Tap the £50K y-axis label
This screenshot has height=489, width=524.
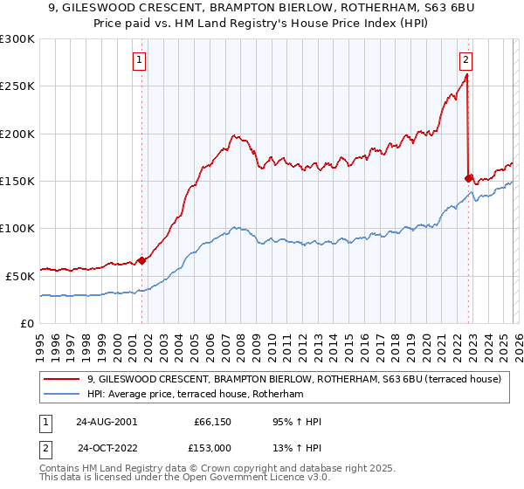(x=20, y=276)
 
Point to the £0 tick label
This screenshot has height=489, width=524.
(x=28, y=323)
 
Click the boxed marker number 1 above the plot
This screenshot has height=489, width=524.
(x=141, y=60)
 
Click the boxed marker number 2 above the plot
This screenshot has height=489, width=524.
(x=466, y=60)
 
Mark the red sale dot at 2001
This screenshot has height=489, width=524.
(x=141, y=260)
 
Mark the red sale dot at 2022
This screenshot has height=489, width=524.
(x=469, y=178)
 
